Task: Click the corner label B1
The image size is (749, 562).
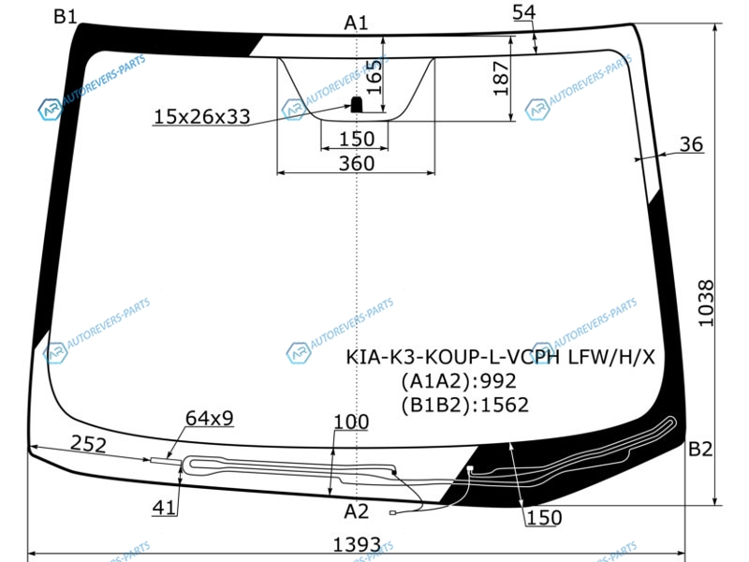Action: pos(65,17)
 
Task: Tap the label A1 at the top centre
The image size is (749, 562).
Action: pos(357,22)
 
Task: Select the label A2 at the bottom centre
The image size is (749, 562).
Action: pos(357,511)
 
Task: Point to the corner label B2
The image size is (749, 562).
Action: pos(700,450)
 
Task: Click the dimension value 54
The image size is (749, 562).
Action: pos(524,12)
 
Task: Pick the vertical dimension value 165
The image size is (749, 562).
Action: pos(374,77)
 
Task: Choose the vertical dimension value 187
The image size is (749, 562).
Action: pos(501,79)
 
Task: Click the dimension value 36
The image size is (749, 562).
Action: pos(691,144)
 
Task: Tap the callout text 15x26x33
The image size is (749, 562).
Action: pos(201,116)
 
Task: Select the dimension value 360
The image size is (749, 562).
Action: pos(357,163)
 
